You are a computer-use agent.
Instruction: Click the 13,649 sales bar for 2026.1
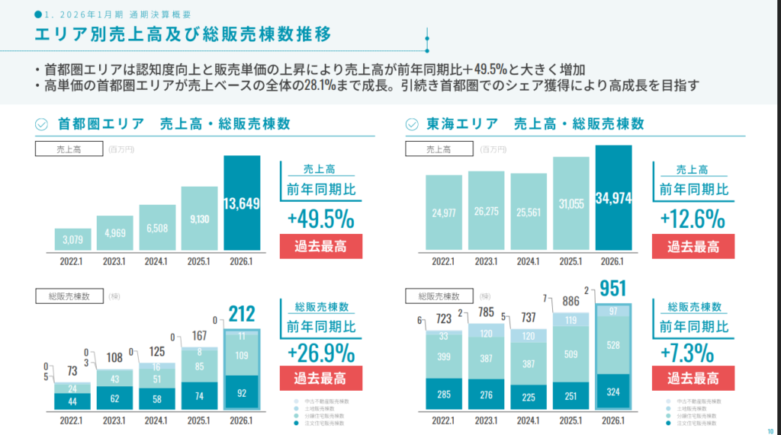tap(242, 203)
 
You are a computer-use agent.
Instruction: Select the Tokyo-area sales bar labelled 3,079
tap(73, 239)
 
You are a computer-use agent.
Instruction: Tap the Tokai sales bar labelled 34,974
tap(614, 198)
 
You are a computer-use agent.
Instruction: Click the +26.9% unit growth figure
tap(321, 353)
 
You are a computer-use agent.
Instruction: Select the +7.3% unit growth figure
tap(693, 353)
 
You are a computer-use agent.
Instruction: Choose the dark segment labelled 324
tap(615, 392)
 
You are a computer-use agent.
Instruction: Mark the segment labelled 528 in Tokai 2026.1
tap(615, 345)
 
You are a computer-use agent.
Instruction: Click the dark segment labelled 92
tap(241, 394)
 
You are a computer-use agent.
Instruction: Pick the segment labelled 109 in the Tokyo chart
tap(241, 355)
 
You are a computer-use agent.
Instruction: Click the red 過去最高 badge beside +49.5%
tap(321, 247)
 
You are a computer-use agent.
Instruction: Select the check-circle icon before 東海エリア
tap(413, 123)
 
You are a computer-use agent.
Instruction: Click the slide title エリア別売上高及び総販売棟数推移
tap(183, 34)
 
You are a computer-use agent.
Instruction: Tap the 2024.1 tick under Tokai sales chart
tap(528, 261)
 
